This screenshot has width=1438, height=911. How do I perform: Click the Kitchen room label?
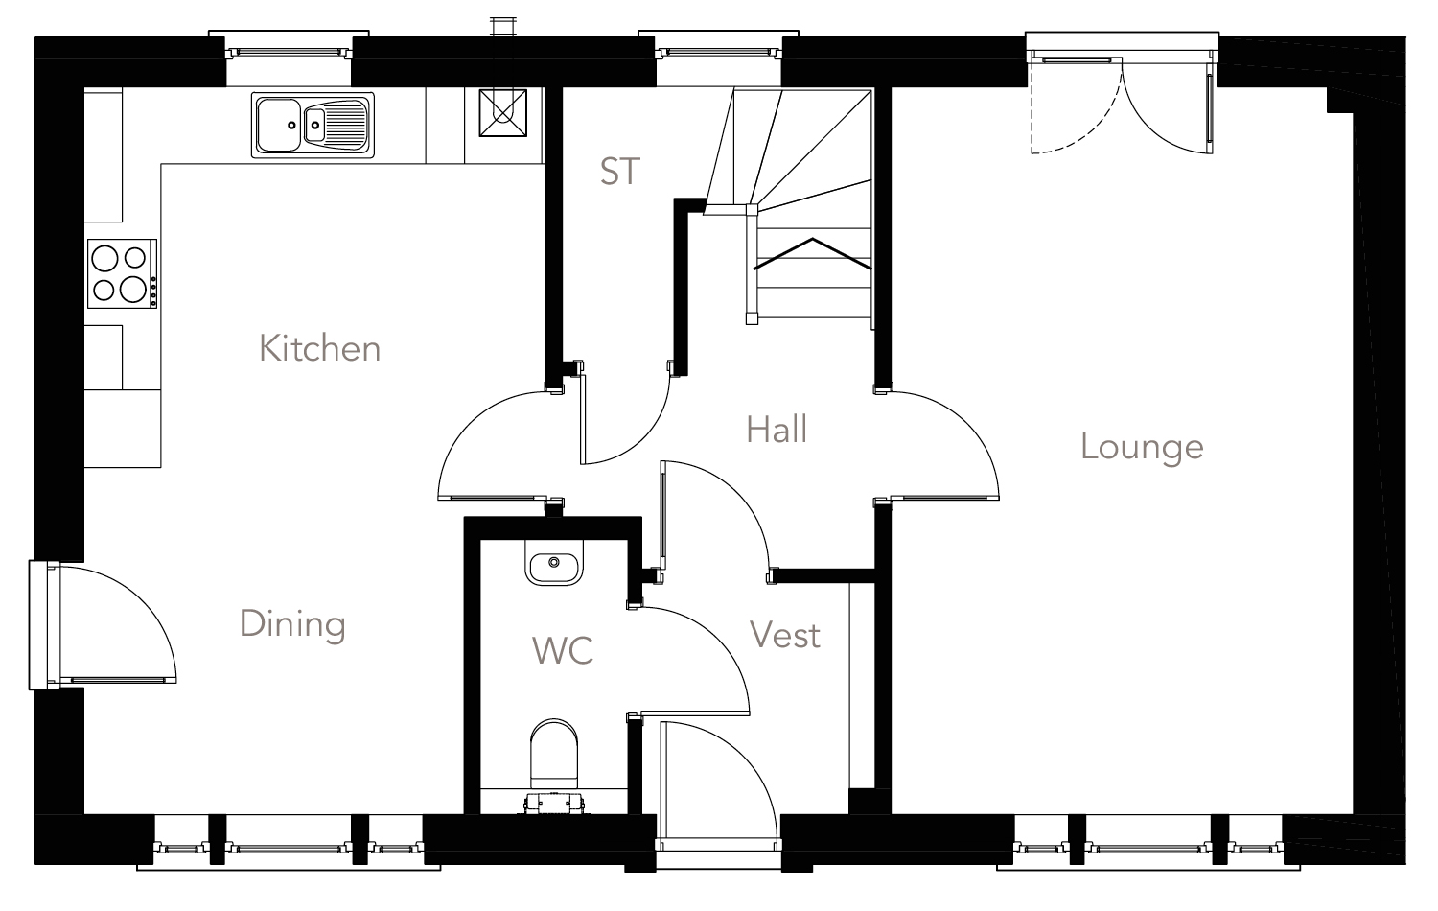click(x=319, y=348)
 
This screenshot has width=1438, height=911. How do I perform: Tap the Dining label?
click(x=292, y=624)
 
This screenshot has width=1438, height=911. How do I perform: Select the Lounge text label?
click(x=1141, y=447)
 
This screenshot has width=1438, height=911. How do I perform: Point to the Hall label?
click(x=777, y=430)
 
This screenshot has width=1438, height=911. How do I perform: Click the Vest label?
click(x=784, y=635)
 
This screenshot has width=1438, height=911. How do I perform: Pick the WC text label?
click(x=563, y=650)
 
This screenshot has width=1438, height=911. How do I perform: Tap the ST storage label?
click(x=618, y=172)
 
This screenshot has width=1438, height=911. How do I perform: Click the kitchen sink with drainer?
click(x=313, y=125)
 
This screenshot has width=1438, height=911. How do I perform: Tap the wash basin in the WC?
click(x=554, y=563)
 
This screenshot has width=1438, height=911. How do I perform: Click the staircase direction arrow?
click(x=813, y=251)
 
